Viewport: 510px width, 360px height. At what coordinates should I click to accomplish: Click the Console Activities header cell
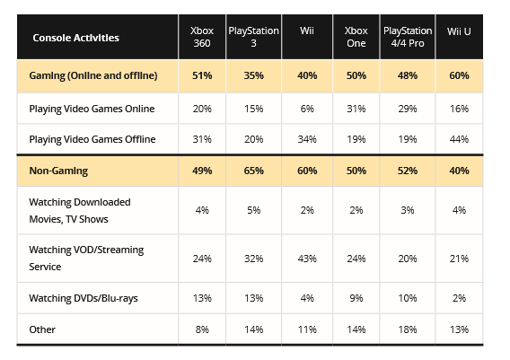[x=75, y=38]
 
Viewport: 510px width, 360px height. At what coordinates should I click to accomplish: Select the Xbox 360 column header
[x=203, y=38]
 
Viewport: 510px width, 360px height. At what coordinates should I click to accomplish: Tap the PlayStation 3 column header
[x=255, y=38]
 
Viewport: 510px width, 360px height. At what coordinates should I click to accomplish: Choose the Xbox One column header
[x=356, y=38]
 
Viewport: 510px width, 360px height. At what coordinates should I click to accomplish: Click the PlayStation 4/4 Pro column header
[x=408, y=38]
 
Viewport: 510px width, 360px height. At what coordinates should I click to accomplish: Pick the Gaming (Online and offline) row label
[x=94, y=76]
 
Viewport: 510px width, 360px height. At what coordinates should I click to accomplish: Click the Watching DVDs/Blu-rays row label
[x=84, y=298]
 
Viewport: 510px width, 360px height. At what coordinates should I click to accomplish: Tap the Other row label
[x=43, y=329]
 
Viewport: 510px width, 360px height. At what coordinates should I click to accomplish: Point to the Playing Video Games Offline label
[x=92, y=138]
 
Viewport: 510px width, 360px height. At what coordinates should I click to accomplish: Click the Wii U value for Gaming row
[x=460, y=76]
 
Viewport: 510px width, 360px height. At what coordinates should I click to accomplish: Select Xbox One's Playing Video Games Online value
[x=356, y=109]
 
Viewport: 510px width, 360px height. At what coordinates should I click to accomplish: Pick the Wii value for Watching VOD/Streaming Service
[x=307, y=259]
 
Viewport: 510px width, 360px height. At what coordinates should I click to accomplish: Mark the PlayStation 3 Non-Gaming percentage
[x=255, y=170]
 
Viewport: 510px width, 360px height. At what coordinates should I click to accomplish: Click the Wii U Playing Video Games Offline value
[x=460, y=138]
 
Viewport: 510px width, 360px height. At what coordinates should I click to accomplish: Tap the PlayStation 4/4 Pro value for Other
[x=408, y=329]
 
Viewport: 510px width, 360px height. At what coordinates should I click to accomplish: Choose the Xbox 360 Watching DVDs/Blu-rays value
[x=203, y=298]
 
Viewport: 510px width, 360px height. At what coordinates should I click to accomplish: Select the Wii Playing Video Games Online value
[x=307, y=109]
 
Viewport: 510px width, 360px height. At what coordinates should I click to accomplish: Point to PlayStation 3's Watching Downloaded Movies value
[x=255, y=210]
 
